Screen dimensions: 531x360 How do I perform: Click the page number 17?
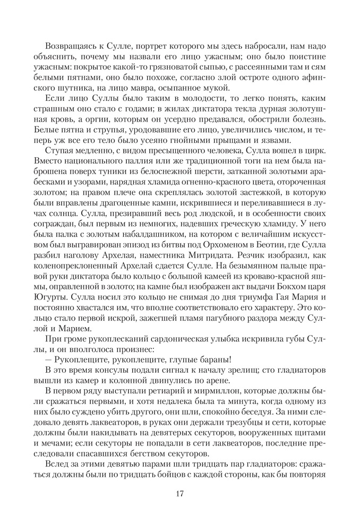179,494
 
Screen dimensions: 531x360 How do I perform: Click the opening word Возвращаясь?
71,46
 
